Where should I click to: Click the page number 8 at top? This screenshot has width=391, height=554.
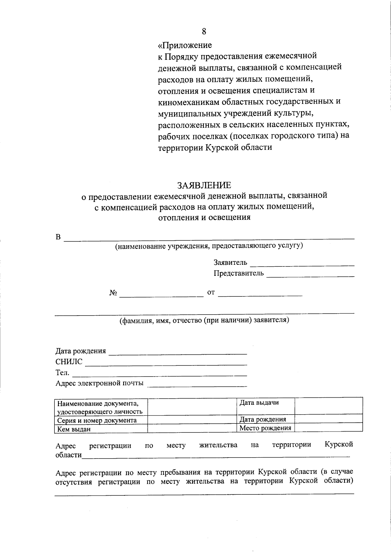pos(204,31)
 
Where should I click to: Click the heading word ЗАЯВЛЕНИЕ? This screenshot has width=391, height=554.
pos(204,185)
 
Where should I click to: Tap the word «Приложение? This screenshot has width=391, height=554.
pos(185,45)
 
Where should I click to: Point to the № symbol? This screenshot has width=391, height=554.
pos(113,293)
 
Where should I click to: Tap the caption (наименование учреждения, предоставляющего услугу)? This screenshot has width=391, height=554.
pos(209,246)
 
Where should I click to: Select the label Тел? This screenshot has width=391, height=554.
pos(62,372)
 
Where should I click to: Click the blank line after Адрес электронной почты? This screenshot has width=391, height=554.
pos(197,385)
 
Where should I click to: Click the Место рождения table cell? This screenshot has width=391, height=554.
pos(265,428)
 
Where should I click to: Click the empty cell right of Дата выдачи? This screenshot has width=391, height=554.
pos(328,406)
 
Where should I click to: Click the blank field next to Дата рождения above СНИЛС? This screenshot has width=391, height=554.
pos(178,352)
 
